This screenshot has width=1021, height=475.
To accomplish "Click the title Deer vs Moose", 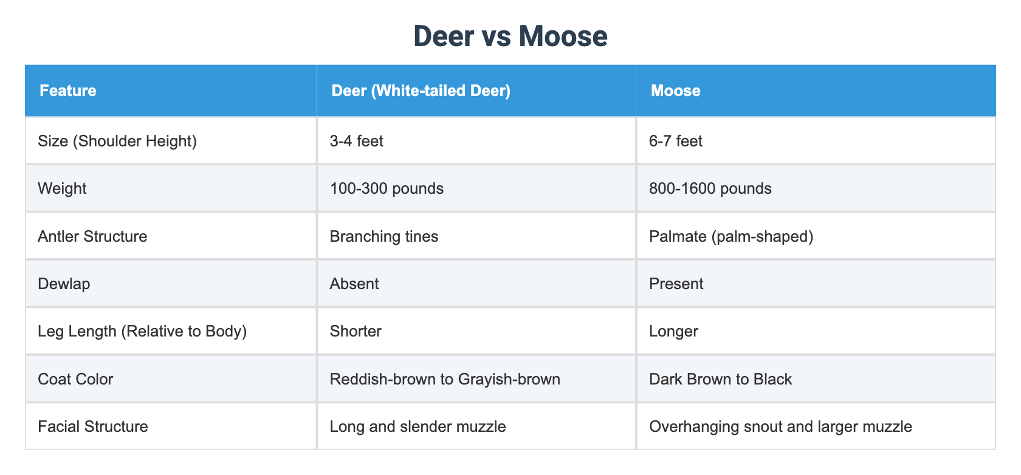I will (510, 36).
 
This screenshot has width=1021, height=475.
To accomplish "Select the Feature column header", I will (68, 91).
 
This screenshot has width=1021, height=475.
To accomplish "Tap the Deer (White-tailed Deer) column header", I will (421, 91).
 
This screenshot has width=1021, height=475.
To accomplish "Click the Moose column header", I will (675, 91).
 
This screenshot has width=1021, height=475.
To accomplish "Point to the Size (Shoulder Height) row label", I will (117, 141).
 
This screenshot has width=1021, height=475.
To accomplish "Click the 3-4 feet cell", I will (356, 141).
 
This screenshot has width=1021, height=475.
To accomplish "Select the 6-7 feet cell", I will (676, 141).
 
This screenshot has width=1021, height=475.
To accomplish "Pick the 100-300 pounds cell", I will (387, 188).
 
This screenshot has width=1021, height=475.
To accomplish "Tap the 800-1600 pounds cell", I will (710, 188).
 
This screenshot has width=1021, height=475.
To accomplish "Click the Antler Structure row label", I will (92, 236).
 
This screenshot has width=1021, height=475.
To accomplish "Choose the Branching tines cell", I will (384, 236).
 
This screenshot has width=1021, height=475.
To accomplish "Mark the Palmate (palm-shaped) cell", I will (731, 236).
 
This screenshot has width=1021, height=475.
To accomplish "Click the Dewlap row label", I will (64, 284).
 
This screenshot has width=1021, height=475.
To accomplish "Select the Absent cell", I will (354, 284).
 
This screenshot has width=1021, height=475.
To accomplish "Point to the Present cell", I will (676, 284).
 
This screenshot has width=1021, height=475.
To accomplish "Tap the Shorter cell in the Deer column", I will (356, 331).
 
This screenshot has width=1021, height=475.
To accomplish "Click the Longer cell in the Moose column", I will (673, 331).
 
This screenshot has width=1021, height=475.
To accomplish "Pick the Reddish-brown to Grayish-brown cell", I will (445, 379).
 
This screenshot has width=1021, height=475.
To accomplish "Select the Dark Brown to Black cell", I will (720, 379).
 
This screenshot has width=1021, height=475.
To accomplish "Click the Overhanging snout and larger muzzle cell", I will (780, 426).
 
